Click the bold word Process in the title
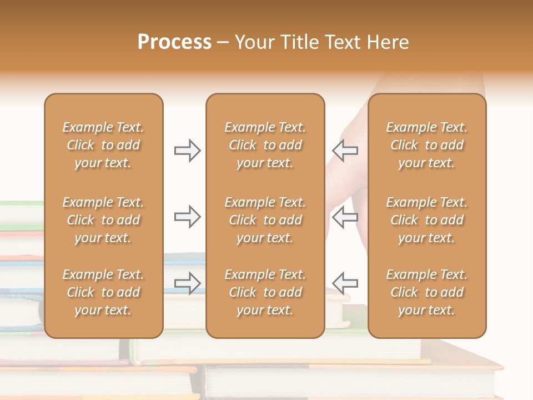(174, 42)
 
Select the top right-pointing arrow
(187, 151)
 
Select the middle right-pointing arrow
(187, 217)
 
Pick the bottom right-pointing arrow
(187, 283)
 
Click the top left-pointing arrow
(345, 151)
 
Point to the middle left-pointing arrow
(345, 217)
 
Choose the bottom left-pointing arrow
(345, 283)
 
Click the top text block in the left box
(103, 145)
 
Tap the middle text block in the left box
(103, 220)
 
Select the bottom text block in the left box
(103, 292)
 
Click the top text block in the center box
(265, 145)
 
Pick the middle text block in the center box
(265, 220)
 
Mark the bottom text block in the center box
(265, 292)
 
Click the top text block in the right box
(427, 145)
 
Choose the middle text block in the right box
(427, 220)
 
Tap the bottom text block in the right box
(427, 292)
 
